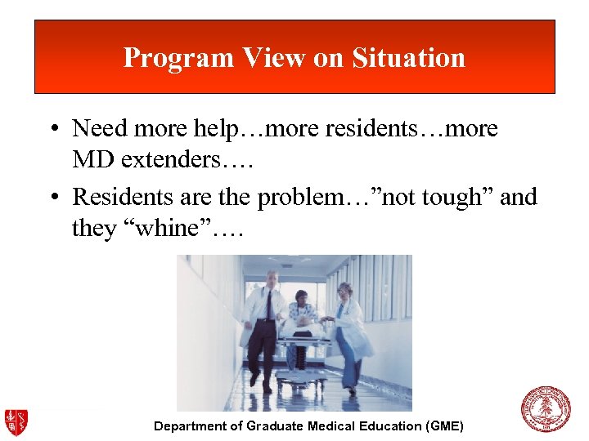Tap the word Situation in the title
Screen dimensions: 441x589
(x=408, y=57)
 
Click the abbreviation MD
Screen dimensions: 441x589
(x=90, y=159)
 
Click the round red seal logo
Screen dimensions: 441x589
(x=546, y=409)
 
